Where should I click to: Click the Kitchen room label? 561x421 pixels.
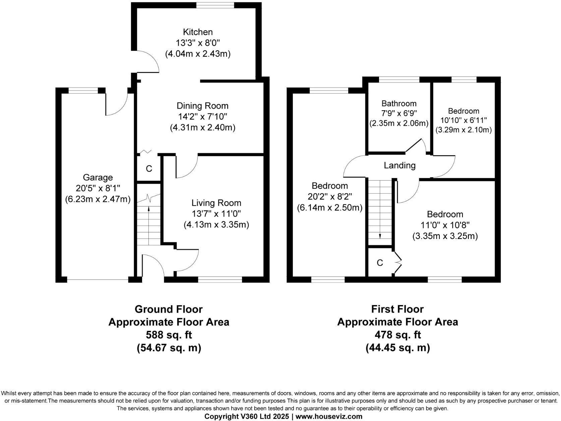[198, 32]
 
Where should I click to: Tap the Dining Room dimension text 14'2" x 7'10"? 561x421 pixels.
[202, 117]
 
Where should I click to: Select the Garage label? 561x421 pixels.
[98, 177]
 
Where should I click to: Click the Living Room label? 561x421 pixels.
[216, 203]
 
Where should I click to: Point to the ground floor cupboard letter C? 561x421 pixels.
[149, 169]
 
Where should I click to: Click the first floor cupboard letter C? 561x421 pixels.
[380, 263]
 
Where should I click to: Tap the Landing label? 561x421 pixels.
[399, 165]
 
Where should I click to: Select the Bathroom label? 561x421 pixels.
[399, 104]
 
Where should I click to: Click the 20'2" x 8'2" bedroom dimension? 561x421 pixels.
[330, 196]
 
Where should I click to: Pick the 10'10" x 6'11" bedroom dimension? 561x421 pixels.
[463, 120]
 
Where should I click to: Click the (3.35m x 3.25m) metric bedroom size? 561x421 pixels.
[445, 236]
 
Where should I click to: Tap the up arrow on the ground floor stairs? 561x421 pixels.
[149, 211]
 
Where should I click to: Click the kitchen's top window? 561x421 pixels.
[215, 5]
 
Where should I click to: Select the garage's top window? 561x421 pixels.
[83, 90]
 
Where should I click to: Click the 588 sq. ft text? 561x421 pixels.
[169, 335]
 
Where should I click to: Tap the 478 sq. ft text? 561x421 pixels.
[397, 335]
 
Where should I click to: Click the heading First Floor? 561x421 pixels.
[397, 309]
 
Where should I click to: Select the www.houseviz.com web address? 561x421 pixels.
[329, 417]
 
